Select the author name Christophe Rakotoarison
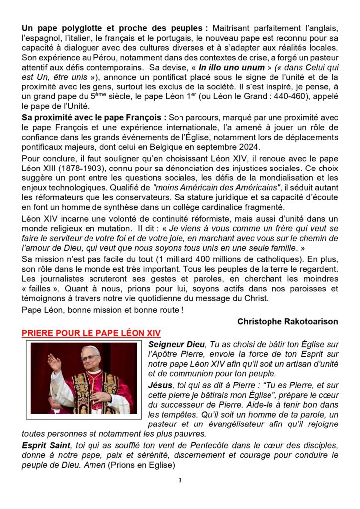pos(287,322)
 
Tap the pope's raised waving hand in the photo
pos(54,363)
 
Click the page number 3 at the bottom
pos(180,481)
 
